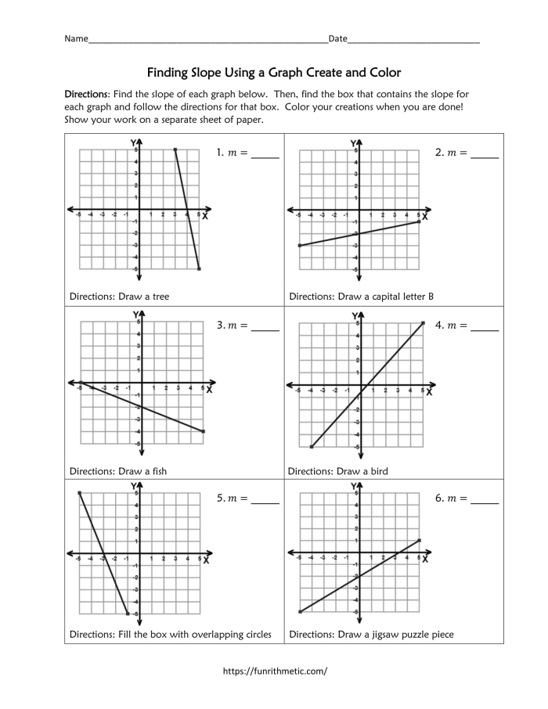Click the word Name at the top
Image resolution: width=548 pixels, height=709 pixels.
[76, 38]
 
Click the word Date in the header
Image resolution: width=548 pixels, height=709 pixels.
[337, 38]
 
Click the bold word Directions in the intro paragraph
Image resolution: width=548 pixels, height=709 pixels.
[88, 93]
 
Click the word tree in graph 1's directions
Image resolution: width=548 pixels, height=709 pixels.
[160, 297]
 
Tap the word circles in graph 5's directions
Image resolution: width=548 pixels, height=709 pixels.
[254, 635]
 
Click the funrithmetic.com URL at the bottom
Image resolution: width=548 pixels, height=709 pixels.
[274, 671]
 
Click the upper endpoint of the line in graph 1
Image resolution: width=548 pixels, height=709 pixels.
[175, 149]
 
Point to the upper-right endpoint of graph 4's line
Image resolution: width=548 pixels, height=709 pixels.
[423, 323]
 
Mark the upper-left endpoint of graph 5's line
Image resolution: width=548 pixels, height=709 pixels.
[79, 492]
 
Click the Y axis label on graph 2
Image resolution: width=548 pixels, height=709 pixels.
[352, 143]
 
